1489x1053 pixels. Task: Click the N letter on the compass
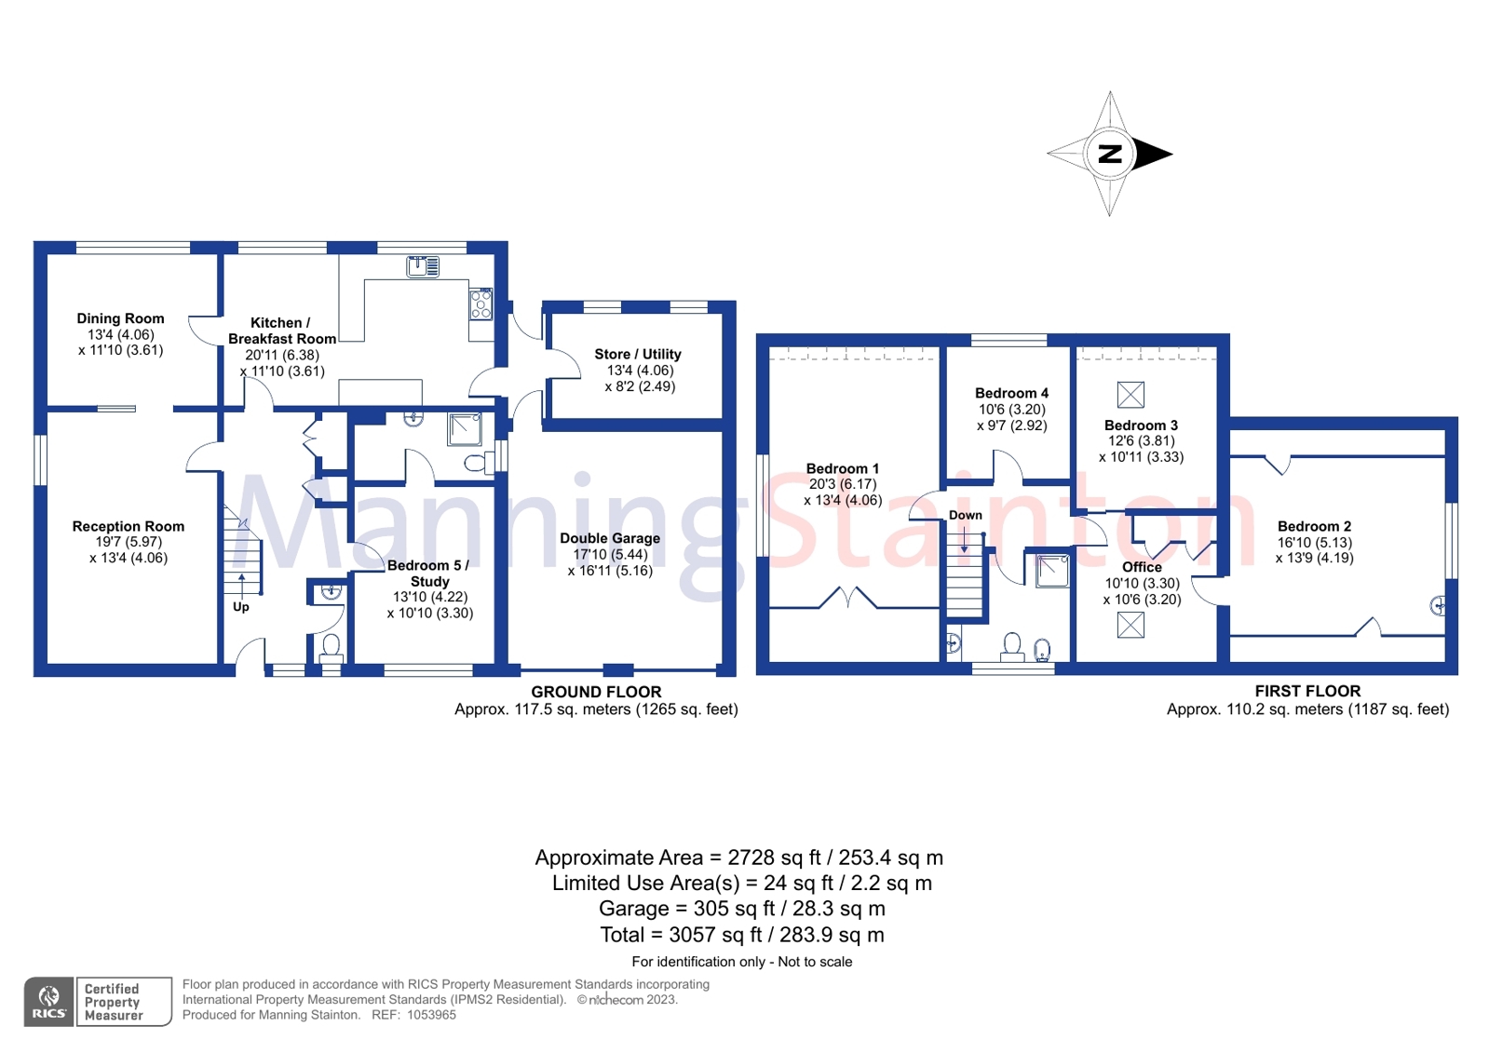1109,154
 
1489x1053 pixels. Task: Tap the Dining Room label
120,318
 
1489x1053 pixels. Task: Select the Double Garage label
610,538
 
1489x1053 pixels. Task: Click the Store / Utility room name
638,354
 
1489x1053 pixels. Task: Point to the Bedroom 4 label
1011,393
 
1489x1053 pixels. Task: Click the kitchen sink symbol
423,266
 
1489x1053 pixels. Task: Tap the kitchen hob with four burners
481,304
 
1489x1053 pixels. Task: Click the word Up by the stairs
240,607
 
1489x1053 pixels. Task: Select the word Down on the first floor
965,515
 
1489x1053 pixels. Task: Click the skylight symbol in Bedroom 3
1130,395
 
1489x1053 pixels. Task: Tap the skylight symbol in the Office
1130,625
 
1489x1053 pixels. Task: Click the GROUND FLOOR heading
596,692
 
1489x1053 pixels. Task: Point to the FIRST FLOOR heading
1307,692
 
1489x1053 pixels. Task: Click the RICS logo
48,1002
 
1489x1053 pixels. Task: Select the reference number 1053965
432,1015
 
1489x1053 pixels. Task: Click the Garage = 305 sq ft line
742,908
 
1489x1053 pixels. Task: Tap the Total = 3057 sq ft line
742,935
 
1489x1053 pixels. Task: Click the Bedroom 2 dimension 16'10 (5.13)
1314,543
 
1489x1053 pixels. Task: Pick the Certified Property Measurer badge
124,1002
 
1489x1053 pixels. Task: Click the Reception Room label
129,527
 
